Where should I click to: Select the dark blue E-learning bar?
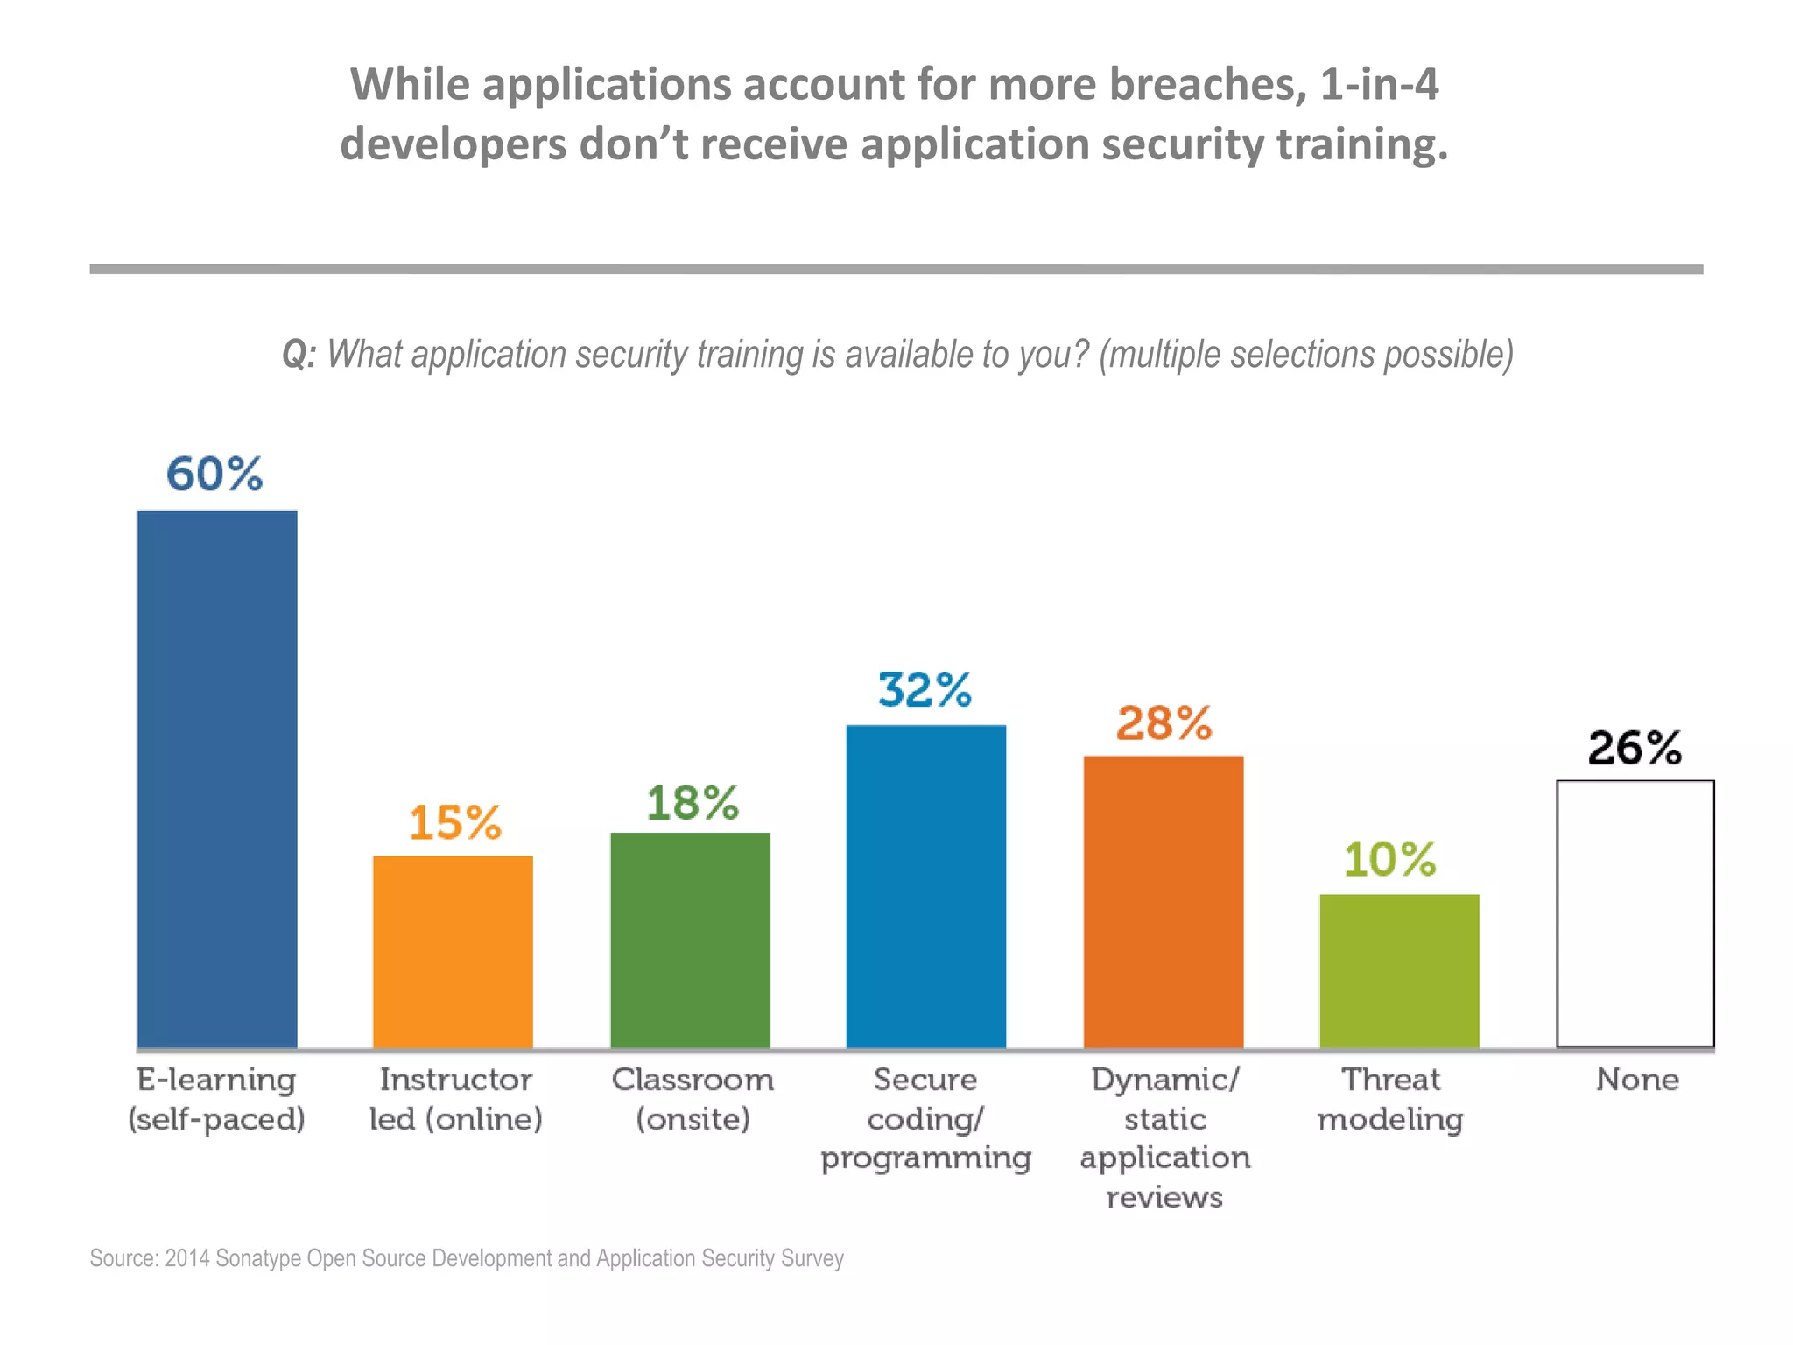[x=217, y=778]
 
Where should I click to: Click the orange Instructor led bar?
[x=453, y=952]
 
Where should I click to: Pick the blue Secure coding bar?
[x=925, y=886]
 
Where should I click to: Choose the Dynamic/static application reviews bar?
[x=1163, y=901]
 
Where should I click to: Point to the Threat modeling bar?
[x=1399, y=970]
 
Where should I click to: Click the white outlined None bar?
[x=1635, y=913]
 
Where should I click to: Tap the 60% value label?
[x=214, y=474]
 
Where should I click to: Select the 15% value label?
[x=455, y=823]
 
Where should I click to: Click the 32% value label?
[x=925, y=690]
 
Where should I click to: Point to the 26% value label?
[x=1635, y=749]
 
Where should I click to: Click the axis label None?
[x=1637, y=1080]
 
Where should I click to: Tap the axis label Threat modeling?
[x=1390, y=1099]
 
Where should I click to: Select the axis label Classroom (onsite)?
[x=693, y=1099]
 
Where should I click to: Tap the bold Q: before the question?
[x=299, y=355]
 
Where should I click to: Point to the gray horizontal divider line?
[x=896, y=270]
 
